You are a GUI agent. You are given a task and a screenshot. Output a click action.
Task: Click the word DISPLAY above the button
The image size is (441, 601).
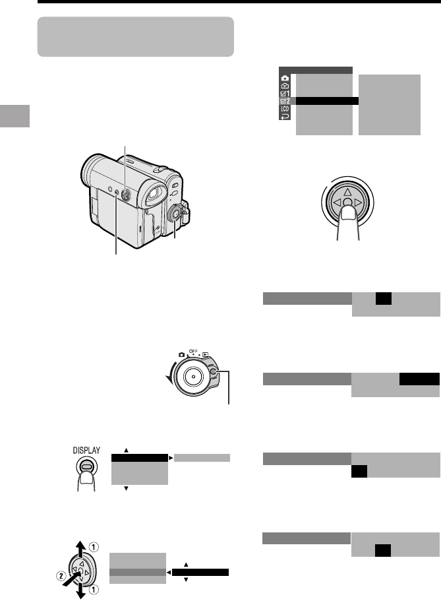point(86,451)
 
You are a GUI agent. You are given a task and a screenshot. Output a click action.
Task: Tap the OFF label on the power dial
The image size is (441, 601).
point(194,351)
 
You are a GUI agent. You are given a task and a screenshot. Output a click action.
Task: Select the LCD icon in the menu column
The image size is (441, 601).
point(285,109)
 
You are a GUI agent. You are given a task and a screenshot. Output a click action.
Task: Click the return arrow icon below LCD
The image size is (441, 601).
point(285,117)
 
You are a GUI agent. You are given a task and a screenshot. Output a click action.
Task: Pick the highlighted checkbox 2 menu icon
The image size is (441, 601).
point(285,101)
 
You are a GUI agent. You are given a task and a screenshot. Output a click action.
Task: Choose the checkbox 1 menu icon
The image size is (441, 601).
point(285,94)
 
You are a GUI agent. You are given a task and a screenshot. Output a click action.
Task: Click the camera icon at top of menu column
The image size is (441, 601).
point(285,79)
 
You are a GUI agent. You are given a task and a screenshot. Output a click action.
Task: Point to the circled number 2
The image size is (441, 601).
point(61,575)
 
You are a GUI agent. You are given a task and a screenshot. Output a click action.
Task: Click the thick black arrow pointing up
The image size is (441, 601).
point(80,548)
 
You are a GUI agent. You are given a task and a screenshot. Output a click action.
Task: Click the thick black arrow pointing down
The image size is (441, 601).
point(81,590)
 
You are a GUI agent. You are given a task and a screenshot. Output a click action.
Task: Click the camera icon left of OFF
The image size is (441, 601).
point(182,354)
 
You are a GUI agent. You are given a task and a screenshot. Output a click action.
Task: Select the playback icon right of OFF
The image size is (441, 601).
point(206,354)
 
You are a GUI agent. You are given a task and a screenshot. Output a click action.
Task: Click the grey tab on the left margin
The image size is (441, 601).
point(15,115)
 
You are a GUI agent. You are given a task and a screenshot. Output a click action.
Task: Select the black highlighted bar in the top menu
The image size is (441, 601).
point(327,101)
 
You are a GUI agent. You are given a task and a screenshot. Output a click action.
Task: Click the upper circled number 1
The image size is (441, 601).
point(94,547)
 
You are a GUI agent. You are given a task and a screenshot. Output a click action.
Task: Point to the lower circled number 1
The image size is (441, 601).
point(94,589)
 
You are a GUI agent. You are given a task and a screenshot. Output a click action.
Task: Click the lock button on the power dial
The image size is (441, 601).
point(214,372)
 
